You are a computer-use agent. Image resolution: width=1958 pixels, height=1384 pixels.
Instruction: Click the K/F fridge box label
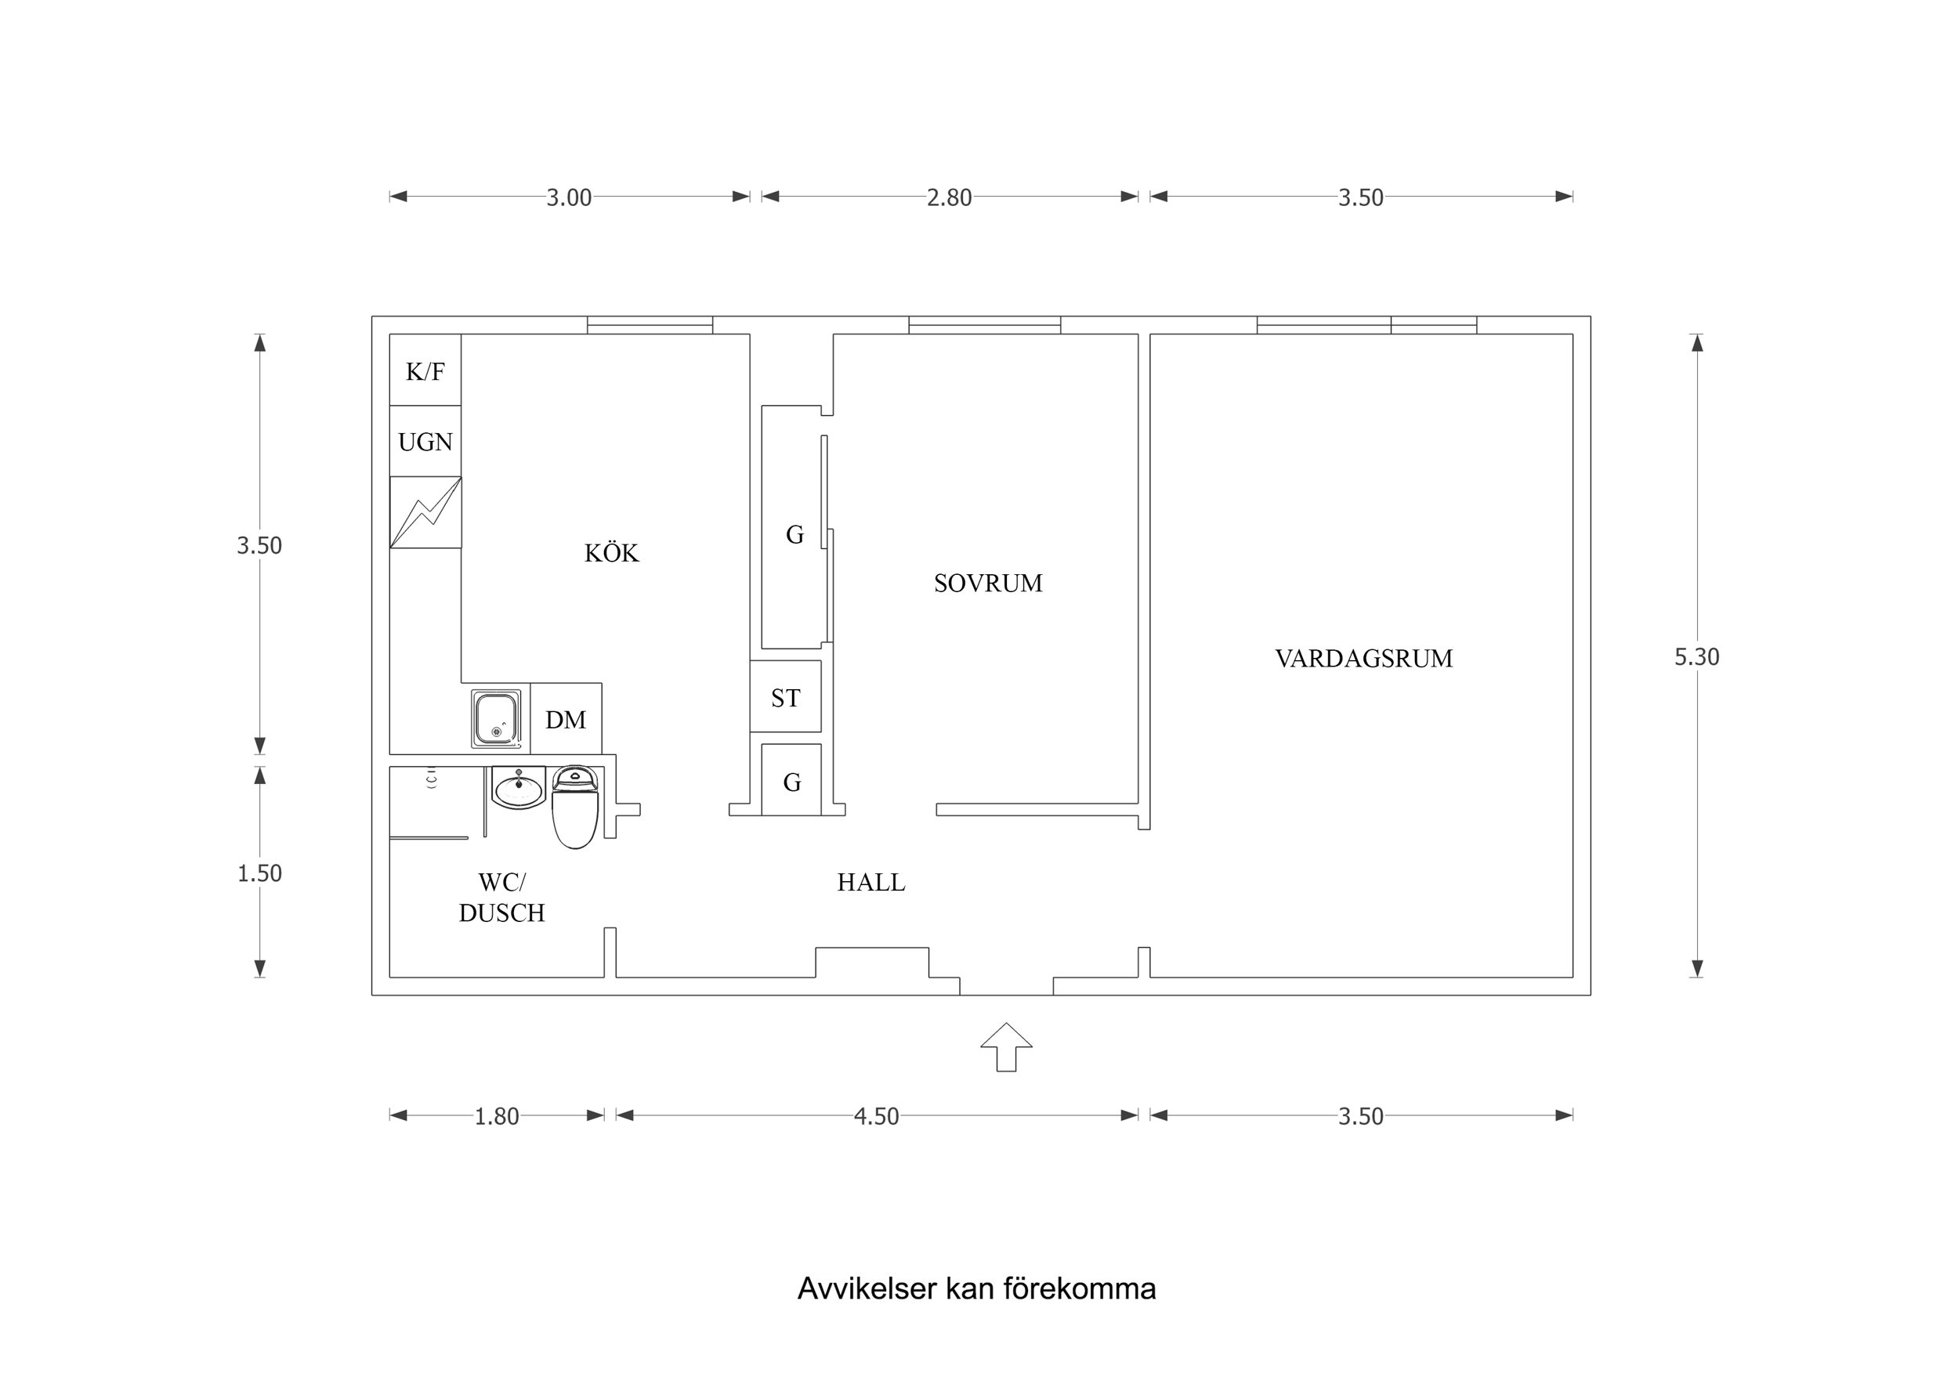pos(425,371)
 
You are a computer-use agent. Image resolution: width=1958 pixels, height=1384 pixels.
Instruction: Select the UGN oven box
pos(425,441)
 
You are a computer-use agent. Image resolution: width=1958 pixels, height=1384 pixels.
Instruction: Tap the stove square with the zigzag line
pos(425,511)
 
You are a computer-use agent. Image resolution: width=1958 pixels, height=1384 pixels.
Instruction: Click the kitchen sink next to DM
pos(495,719)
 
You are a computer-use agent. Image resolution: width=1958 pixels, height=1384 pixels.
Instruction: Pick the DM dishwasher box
pos(566,719)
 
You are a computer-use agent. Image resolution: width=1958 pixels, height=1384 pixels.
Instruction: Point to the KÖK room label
pos(610,552)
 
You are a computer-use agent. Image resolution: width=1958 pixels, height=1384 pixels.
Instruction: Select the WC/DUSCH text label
pos(501,896)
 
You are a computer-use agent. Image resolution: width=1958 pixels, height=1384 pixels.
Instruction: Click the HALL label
pos(870,882)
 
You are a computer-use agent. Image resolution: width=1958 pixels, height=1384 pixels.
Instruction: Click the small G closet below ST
pos(791,780)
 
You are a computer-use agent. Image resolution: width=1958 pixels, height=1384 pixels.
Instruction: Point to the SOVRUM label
pos(987,583)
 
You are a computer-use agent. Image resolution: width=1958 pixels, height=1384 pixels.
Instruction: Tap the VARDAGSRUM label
pos(1363,657)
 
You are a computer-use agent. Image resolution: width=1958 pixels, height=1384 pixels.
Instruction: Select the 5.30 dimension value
pos(1696,656)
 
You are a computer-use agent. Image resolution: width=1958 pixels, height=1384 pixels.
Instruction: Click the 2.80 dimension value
pos(948,197)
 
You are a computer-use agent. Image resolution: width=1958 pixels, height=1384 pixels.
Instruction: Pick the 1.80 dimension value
pos(496,1116)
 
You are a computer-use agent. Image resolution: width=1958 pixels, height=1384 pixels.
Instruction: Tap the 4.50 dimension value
pos(876,1116)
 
